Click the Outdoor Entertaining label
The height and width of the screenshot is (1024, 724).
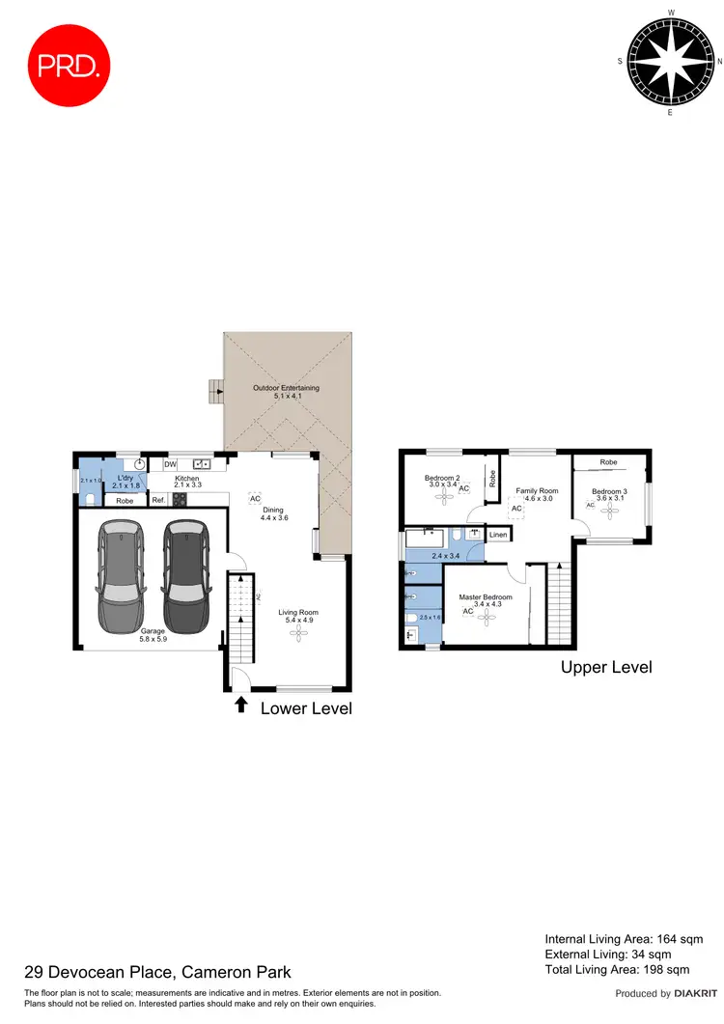click(x=286, y=392)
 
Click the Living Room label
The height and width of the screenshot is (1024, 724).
click(x=298, y=617)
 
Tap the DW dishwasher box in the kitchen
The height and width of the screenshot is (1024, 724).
click(x=170, y=464)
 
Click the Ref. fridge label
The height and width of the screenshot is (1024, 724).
click(x=158, y=500)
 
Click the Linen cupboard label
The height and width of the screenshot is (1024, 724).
click(x=498, y=535)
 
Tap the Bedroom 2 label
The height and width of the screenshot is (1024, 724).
click(x=445, y=482)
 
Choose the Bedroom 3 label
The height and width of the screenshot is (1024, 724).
click(x=609, y=496)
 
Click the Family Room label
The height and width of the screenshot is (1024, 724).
click(x=536, y=494)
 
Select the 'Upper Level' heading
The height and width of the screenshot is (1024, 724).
click(x=606, y=667)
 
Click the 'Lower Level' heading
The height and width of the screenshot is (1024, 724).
click(x=306, y=708)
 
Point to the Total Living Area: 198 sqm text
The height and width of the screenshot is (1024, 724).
click(x=617, y=969)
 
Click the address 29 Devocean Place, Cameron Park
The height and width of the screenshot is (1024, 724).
click(x=157, y=972)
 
